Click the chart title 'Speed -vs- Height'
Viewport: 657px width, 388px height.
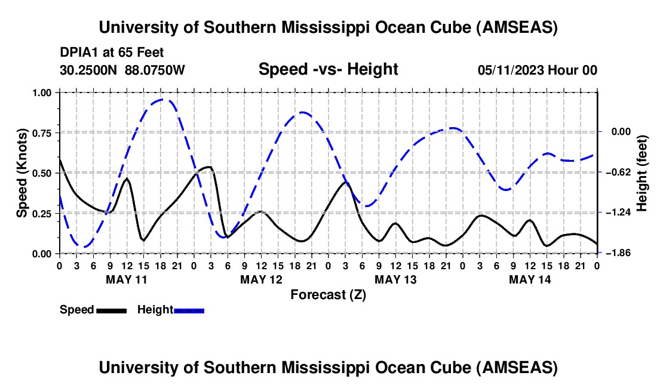328,69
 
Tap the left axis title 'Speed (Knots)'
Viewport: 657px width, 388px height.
22,173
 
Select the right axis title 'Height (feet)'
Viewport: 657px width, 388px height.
642,173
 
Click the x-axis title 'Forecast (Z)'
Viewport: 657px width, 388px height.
328,294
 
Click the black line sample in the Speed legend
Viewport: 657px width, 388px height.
111,310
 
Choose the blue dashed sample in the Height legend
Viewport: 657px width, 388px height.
189,310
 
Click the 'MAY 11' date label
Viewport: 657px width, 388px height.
126,279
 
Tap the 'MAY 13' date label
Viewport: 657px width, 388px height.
395,279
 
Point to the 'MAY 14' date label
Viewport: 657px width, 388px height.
529,279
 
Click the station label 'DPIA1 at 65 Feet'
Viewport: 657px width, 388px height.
112,53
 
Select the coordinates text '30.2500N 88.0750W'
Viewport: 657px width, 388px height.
122,70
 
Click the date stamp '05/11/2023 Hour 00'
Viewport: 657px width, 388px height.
538,70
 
